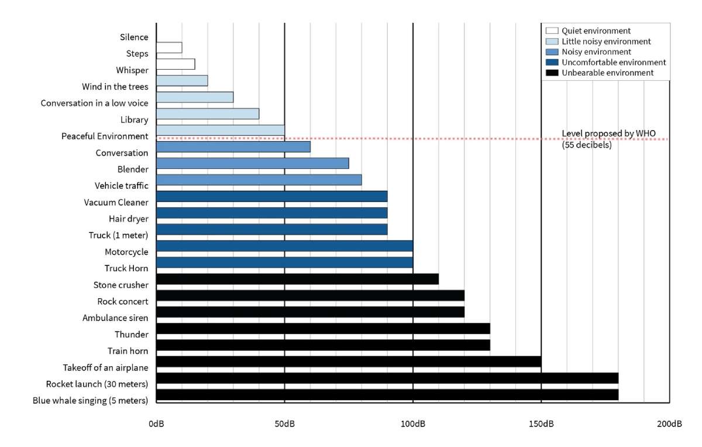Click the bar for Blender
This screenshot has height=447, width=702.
(253, 163)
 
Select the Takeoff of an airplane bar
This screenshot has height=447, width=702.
(349, 361)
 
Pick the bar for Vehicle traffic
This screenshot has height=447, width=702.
(259, 179)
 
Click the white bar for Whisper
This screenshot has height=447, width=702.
(175, 64)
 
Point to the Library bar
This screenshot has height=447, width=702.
(208, 114)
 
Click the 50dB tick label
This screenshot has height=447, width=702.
(284, 424)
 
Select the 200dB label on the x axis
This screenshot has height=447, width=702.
(669, 424)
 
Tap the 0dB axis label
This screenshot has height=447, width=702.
(156, 424)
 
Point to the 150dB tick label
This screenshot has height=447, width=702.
(541, 424)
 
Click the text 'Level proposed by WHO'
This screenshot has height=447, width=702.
(606, 134)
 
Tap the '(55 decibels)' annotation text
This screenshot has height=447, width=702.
(587, 145)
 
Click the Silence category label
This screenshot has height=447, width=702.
(134, 37)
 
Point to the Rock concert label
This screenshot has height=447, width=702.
(123, 302)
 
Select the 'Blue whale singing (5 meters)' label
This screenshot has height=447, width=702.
(90, 401)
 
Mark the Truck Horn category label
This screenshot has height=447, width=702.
(126, 268)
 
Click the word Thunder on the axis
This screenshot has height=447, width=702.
(132, 335)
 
